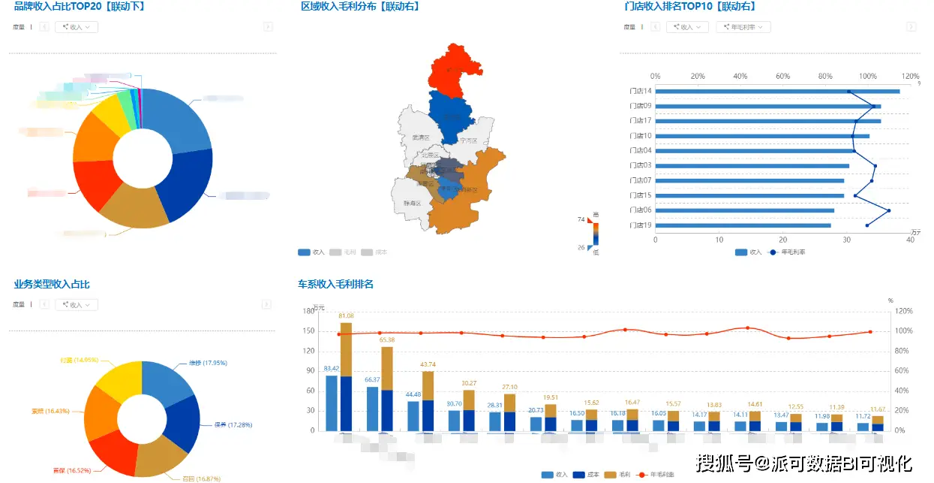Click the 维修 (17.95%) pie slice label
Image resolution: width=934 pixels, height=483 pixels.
pos(197,363)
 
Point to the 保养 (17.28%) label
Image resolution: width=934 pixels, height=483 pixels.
pos(233,424)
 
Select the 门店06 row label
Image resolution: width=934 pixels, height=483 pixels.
pos(641,210)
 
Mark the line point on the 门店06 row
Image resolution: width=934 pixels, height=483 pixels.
pos(889,210)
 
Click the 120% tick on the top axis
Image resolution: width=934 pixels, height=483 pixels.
pos(910,77)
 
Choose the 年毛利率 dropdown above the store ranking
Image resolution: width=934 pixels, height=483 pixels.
pos(743,27)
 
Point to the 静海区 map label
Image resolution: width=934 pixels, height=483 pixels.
pos(412,203)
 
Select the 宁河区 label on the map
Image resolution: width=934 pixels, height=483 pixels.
pos(469,140)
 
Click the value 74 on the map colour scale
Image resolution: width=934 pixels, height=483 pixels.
pos(581,219)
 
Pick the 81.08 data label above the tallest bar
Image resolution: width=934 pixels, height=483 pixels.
pos(347,316)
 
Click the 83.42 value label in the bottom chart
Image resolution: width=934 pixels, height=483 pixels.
pos(331,369)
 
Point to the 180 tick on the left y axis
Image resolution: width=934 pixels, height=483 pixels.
pos(308,310)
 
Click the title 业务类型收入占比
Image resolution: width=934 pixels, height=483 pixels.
pos(52,285)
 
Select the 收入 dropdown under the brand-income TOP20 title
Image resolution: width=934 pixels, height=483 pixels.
pos(76,27)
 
